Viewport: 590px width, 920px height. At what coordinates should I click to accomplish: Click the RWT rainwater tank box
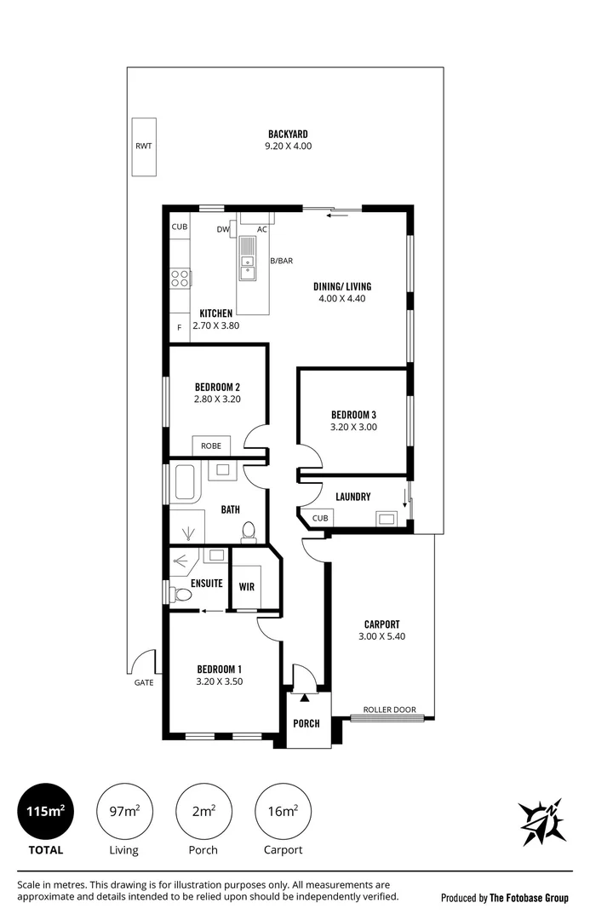coord(144,147)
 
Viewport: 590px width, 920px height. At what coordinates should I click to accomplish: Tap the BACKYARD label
coord(288,135)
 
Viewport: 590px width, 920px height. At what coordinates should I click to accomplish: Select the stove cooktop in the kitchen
coord(180,278)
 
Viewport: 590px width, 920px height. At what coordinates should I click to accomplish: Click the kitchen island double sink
coord(248,259)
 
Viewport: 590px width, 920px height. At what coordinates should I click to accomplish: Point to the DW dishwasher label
coord(223,229)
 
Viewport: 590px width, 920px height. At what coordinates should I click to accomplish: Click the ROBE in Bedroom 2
coord(211,446)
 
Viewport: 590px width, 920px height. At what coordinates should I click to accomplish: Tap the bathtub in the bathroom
coord(186,484)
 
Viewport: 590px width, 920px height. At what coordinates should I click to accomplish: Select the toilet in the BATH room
coord(249,532)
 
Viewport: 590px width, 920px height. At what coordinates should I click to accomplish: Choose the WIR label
coord(247,587)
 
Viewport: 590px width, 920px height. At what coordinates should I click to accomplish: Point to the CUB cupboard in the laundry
coord(320,518)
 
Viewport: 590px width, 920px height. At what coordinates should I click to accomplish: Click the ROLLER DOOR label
coord(389,710)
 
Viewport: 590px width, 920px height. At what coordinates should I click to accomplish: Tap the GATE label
coord(144,682)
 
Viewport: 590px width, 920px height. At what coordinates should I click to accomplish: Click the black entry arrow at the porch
coord(305,697)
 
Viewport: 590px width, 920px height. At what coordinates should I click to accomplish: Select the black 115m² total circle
coord(46,812)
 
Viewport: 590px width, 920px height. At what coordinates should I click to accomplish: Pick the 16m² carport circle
coord(284,812)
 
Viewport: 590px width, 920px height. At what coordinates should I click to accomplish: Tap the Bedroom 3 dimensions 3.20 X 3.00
coord(353,427)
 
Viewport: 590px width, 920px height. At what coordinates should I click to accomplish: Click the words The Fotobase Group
coord(529,898)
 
